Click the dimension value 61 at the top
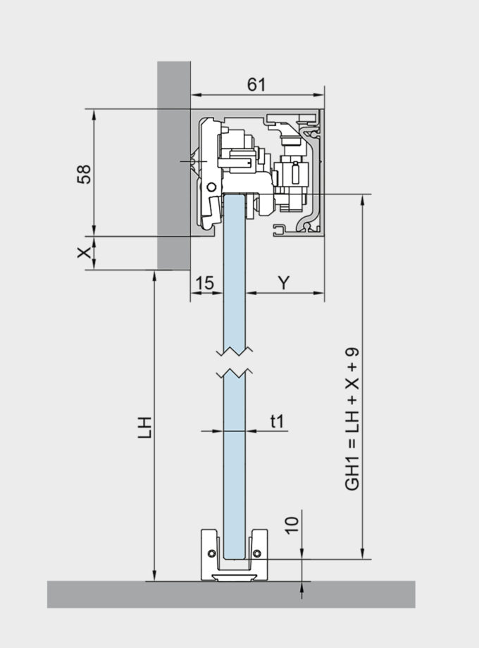pos(257,84)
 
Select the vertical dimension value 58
pos(84,174)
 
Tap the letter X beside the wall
pos(84,252)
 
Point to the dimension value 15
pos(204,282)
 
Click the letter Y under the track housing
pos(283,282)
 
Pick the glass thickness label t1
pos(278,420)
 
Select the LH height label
pos(144,427)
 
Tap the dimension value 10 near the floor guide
pos(293,523)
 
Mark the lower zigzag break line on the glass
pos(235,371)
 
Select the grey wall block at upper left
pos(173,162)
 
